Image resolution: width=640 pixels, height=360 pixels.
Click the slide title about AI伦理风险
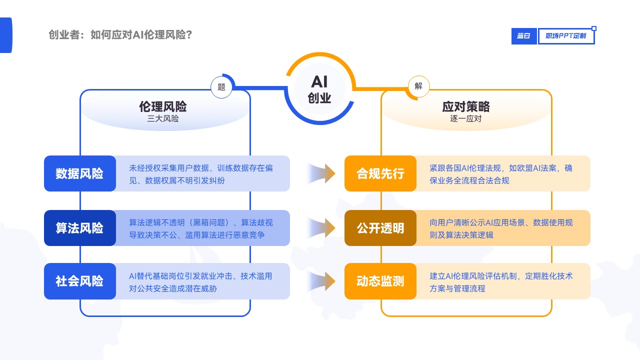tap(120, 35)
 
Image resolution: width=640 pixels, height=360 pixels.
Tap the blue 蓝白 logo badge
tap(523, 36)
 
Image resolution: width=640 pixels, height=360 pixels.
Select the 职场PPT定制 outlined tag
tap(566, 36)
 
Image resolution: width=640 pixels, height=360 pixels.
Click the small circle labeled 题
tap(221, 87)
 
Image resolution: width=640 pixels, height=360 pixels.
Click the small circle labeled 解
tap(418, 86)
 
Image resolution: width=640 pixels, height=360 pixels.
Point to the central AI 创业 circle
tap(319, 89)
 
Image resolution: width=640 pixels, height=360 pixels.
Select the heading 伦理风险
tap(163, 106)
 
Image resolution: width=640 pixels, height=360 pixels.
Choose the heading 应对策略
tap(466, 106)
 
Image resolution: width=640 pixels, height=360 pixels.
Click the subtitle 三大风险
tap(163, 118)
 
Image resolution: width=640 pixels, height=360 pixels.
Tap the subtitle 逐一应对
tap(466, 118)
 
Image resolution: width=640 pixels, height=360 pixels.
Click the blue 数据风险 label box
tap(80, 173)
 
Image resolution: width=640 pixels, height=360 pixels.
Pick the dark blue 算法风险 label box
tap(80, 228)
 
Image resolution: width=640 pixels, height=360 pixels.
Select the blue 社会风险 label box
tap(80, 281)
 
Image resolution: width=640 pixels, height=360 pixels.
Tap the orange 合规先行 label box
tap(380, 173)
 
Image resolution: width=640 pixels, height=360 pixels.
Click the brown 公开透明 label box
tap(380, 228)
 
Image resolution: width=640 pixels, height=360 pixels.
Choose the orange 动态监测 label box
tap(380, 281)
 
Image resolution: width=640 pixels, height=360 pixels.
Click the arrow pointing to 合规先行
tap(321, 173)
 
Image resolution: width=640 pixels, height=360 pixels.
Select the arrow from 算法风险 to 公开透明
tap(321, 228)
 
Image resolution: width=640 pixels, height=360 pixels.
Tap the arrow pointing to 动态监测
tap(321, 281)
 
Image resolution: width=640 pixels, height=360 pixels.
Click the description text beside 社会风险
tap(200, 282)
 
